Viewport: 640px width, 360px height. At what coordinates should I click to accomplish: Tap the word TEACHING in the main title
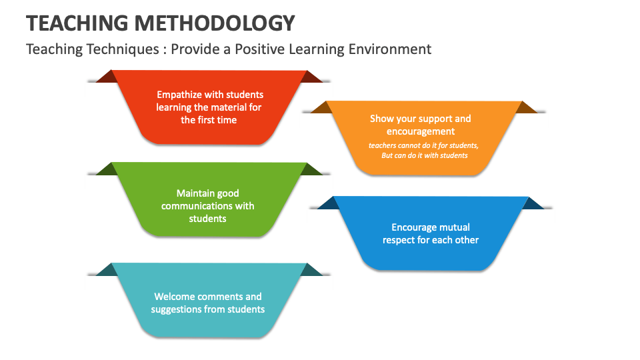pyautogui.click(x=77, y=23)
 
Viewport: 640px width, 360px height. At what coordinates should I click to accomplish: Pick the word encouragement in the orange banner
pyautogui.click(x=421, y=131)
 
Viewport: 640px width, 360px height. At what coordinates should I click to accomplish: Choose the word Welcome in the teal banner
pyautogui.click(x=175, y=297)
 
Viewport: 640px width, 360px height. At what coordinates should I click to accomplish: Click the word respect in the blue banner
pyautogui.click(x=398, y=240)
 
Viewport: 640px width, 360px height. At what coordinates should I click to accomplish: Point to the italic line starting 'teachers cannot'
pyautogui.click(x=424, y=145)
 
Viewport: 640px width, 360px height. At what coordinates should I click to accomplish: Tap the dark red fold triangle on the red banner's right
pyautogui.click(x=310, y=77)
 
